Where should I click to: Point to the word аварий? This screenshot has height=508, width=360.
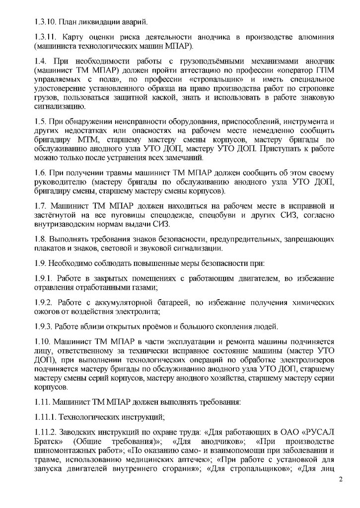(133, 22)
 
